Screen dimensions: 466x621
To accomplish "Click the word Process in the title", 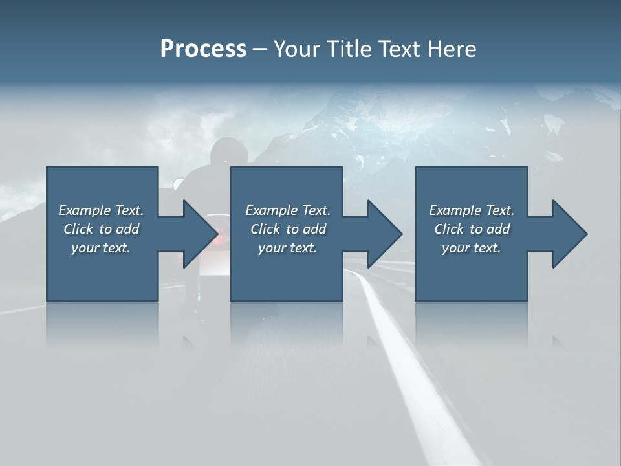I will pos(203,49).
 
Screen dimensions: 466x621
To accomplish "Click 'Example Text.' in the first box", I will pos(101,210).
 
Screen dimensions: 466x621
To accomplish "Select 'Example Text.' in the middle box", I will pos(288,210).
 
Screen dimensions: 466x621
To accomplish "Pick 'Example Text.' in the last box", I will pos(472,210).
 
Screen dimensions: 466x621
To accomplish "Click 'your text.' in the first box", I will pos(101,248).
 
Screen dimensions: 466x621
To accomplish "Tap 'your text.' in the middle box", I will pos(288,248).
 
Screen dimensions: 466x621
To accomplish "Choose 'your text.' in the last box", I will pos(472,248).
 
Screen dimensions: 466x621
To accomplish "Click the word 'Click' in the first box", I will pos(78,229).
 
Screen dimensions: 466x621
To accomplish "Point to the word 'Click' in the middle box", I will pos(265,229).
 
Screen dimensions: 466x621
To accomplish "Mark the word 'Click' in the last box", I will pos(449,229).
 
